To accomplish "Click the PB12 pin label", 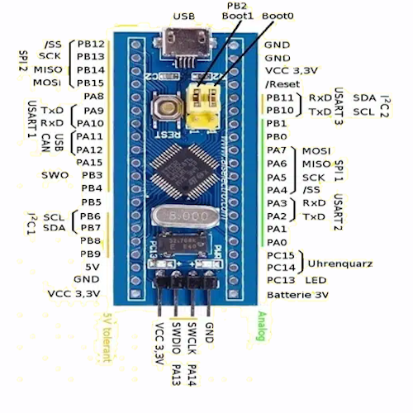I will [90, 44].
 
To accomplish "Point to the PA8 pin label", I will [93, 97].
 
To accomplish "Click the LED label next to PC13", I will [314, 281].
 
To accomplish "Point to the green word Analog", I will [262, 331].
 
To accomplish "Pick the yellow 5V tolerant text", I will [106, 337].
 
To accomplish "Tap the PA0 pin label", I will [277, 242].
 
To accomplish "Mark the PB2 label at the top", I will [236, 6].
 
